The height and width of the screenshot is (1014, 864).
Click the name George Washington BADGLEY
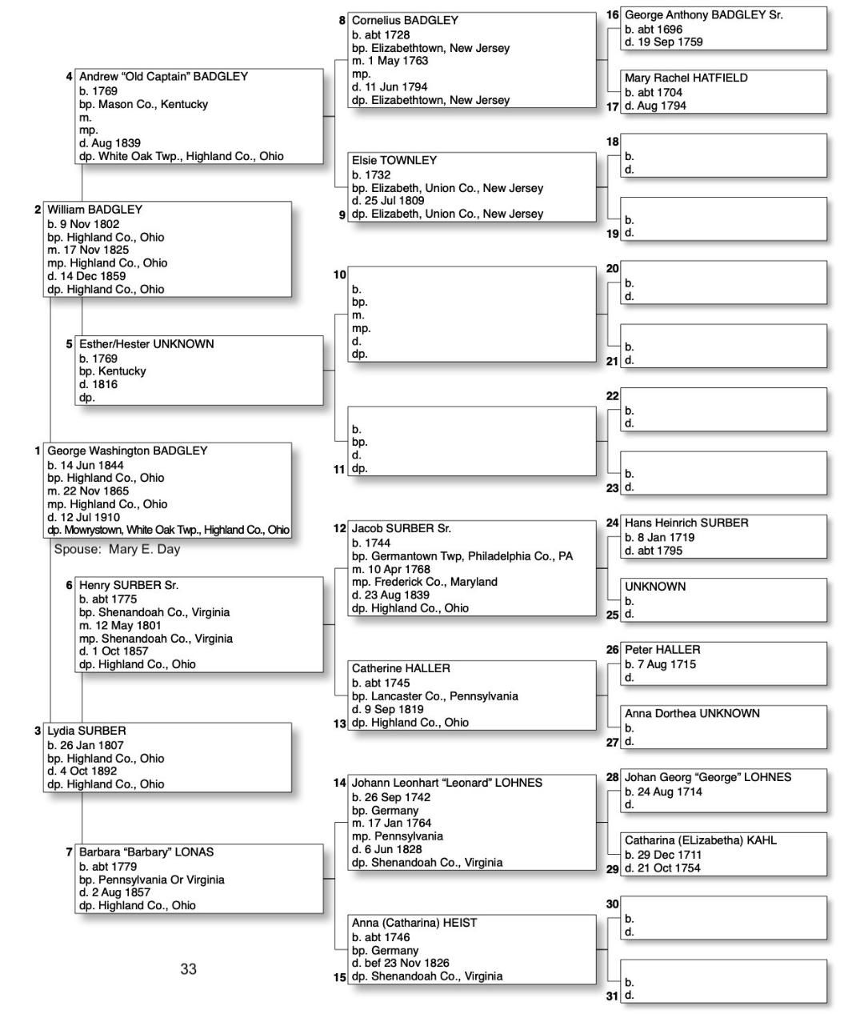click(127, 451)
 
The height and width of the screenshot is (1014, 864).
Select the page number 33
click(188, 969)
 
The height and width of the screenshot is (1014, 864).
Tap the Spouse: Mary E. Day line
click(117, 549)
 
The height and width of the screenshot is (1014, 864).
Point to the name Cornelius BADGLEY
click(405, 20)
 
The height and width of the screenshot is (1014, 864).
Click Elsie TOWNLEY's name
click(394, 160)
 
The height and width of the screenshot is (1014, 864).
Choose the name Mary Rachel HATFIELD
click(686, 78)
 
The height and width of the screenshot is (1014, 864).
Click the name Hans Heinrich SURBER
click(686, 523)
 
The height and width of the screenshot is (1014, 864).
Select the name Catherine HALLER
click(401, 668)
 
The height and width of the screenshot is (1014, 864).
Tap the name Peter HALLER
click(662, 650)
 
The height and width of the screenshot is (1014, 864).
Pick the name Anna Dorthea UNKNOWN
click(692, 713)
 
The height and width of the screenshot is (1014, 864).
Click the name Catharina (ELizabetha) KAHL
click(701, 840)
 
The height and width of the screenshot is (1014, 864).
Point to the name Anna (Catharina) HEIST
click(414, 923)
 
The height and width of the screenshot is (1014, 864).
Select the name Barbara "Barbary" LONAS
click(146, 852)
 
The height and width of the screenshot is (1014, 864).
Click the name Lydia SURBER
click(86, 731)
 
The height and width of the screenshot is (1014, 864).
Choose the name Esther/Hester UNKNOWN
click(146, 344)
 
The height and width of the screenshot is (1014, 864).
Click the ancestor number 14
click(340, 783)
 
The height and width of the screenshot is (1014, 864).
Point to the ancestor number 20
click(613, 269)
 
